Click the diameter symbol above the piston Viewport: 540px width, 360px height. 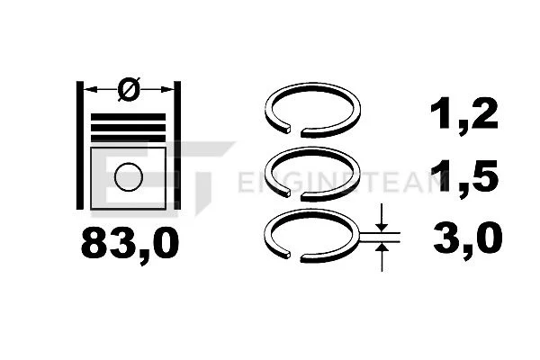129,89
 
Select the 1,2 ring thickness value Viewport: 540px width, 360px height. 464,114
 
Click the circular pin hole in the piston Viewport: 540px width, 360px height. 129,176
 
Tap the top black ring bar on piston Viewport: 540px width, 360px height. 128,117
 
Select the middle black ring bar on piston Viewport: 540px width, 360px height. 128,128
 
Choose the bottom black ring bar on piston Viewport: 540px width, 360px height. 128,139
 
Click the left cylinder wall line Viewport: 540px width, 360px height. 79,146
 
